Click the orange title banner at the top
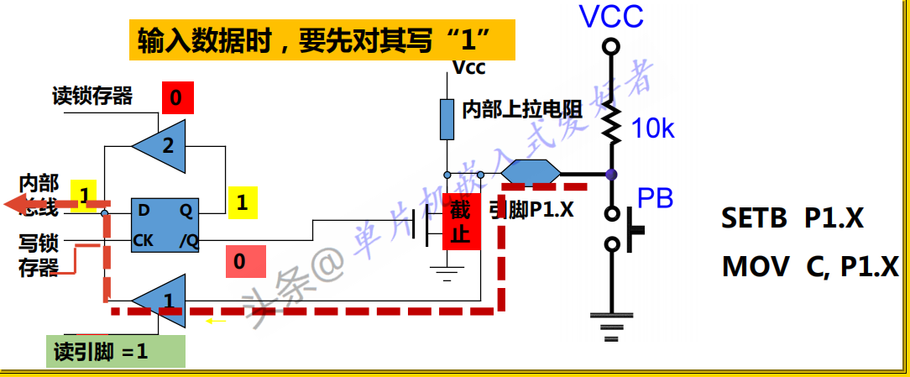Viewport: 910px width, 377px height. (x=321, y=39)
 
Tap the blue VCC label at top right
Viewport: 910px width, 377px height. (x=611, y=16)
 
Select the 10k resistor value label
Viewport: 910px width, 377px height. (x=653, y=128)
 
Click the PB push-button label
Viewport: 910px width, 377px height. (x=655, y=198)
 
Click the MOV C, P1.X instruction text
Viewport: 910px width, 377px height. (x=810, y=267)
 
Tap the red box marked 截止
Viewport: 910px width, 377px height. (x=460, y=222)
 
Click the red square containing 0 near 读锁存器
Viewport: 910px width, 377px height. (x=176, y=98)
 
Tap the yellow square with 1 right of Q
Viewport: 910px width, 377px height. (x=242, y=202)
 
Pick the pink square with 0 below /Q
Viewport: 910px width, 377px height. (x=239, y=261)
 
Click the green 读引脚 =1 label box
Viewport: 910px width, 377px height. (x=116, y=351)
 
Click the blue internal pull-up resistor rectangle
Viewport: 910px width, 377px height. (x=447, y=118)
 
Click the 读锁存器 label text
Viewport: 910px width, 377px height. (x=92, y=96)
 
